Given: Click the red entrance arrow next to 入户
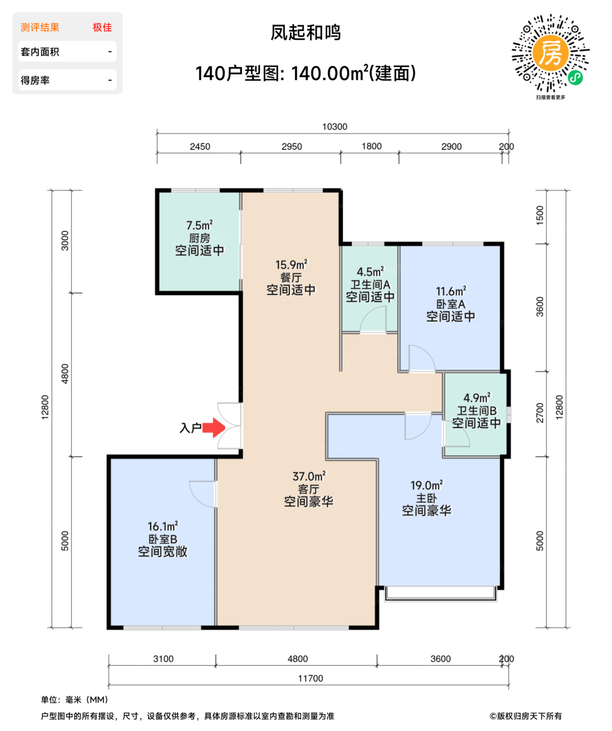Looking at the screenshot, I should point(213,428).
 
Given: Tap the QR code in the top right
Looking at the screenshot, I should point(550,53).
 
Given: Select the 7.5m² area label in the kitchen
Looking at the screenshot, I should point(199,226).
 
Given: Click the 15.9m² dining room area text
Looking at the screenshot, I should point(291,265).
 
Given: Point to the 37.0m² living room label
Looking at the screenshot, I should point(309,476).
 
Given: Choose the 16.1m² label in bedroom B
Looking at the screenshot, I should point(162,526).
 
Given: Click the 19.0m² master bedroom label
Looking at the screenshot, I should point(426,486).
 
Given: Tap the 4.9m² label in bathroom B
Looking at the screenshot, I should point(476,398).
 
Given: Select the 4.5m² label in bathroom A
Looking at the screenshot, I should point(370,272).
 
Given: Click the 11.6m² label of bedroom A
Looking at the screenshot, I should point(451,291).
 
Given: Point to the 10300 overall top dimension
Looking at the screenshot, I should point(334,127).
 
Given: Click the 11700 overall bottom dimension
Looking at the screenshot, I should point(310,678).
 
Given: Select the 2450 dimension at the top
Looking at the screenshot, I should point(200,147).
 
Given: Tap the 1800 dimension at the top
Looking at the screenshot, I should point(371,147).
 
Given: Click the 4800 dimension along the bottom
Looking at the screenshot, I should point(297,659).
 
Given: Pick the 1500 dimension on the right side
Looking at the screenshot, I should point(540,216).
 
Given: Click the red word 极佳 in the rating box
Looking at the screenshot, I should point(102,28).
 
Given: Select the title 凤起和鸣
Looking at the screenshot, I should point(306,33).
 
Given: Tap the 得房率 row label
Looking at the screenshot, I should point(35,80).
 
